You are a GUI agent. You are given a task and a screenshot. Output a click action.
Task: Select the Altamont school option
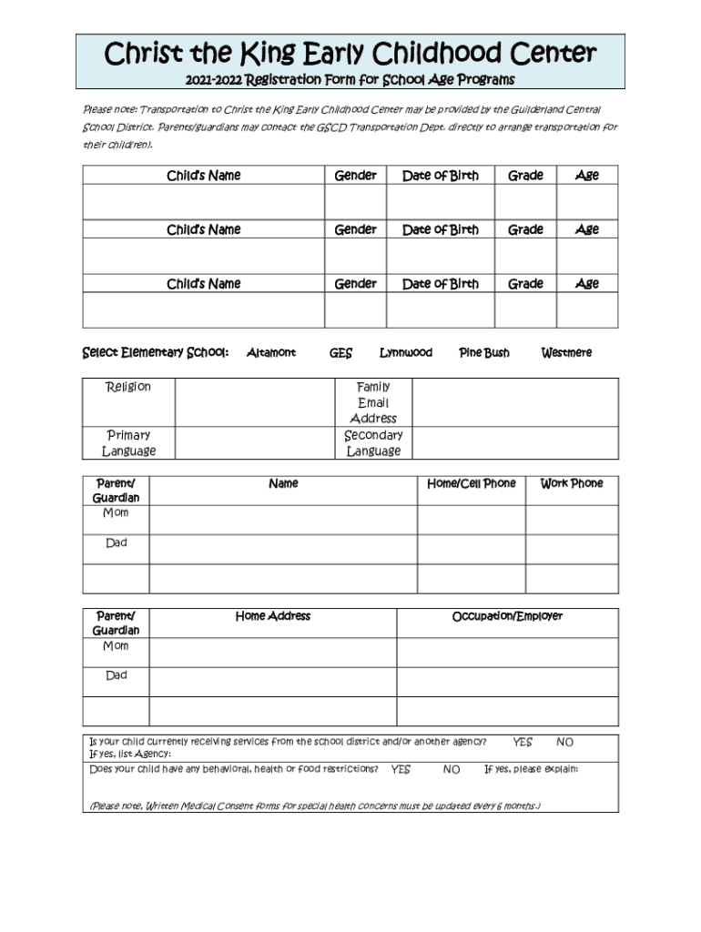[270, 353]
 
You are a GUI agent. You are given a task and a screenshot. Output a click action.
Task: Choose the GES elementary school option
[340, 353]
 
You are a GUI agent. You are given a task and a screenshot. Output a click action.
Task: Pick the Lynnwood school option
[405, 353]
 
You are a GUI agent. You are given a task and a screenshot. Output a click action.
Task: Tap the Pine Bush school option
[483, 353]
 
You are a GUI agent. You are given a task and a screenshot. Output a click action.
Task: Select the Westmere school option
[565, 353]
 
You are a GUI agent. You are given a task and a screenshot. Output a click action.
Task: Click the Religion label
[128, 387]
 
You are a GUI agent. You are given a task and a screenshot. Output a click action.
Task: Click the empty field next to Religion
[255, 402]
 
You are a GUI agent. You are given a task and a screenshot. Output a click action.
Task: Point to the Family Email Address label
[373, 402]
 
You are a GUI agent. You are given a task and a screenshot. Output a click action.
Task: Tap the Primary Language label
[128, 442]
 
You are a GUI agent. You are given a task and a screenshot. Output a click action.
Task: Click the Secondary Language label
[373, 442]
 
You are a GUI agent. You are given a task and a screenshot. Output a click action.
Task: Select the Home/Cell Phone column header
[471, 483]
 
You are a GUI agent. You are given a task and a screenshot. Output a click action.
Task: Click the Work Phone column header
[571, 483]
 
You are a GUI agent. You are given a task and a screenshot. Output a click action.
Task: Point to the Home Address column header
[272, 616]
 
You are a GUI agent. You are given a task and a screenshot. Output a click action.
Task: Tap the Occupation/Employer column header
[507, 616]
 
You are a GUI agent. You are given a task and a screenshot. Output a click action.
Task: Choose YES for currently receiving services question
[523, 743]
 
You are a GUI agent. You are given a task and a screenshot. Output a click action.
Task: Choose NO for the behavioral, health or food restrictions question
[452, 770]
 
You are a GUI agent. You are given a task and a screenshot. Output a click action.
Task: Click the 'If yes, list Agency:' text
[130, 754]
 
